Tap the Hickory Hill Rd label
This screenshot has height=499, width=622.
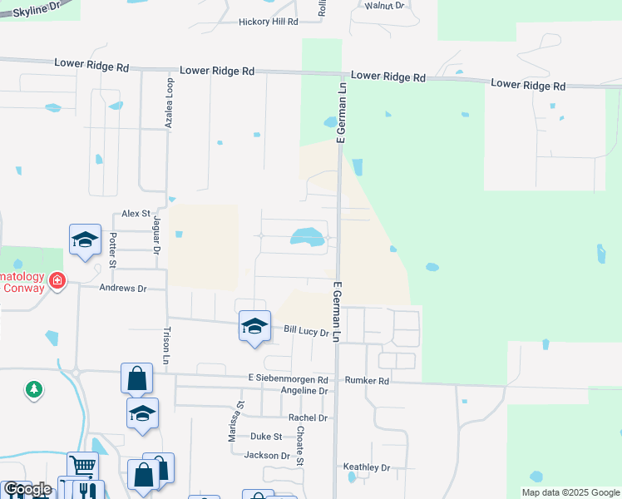(268, 22)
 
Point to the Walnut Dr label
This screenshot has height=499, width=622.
(384, 5)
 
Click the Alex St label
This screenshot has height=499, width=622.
(135, 214)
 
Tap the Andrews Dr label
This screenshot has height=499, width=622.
(122, 289)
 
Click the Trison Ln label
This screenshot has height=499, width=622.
(165, 344)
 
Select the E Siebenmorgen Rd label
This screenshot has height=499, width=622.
(289, 378)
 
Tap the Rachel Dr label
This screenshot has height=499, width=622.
(308, 417)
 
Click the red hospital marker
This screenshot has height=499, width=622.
(57, 280)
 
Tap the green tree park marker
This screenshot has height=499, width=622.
(34, 389)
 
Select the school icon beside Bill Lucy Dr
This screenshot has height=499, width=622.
(254, 325)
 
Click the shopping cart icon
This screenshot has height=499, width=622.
(82, 467)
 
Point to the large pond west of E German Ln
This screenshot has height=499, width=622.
(308, 237)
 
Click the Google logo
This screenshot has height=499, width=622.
(27, 490)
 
